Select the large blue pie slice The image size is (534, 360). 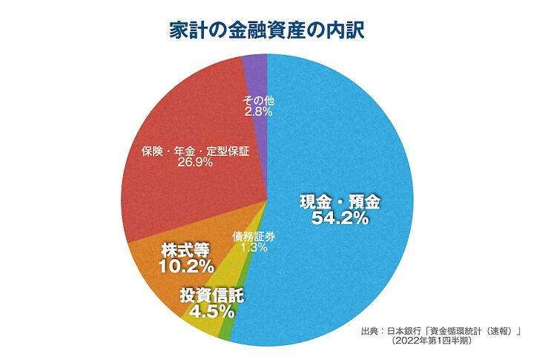(349, 148)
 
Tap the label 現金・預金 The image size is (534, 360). (340, 201)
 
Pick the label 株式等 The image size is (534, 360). (185, 248)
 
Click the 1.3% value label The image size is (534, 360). (254, 249)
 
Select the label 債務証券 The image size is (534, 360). (254, 237)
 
